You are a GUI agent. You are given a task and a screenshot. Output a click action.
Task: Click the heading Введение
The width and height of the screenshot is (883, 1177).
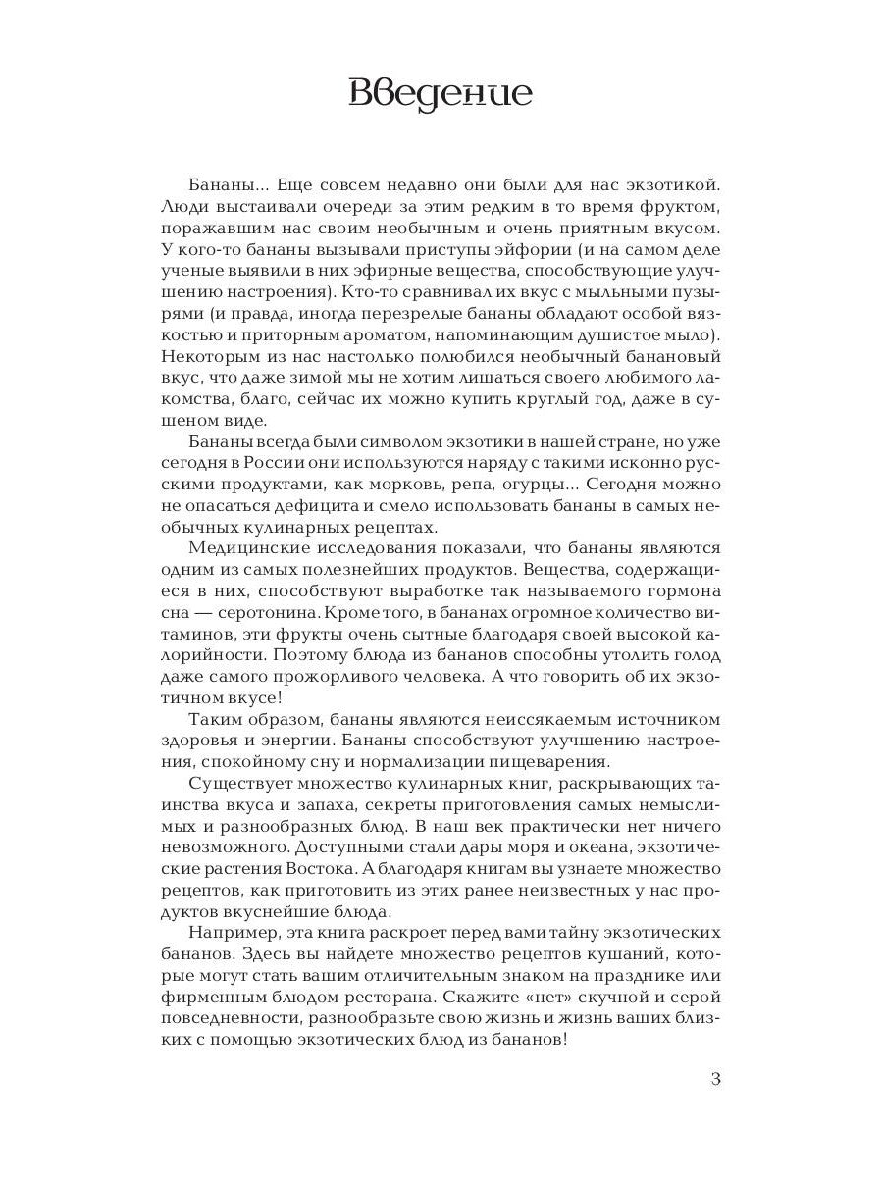(x=441, y=95)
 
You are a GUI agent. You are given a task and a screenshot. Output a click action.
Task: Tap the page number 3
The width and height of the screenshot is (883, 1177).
(x=715, y=1080)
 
